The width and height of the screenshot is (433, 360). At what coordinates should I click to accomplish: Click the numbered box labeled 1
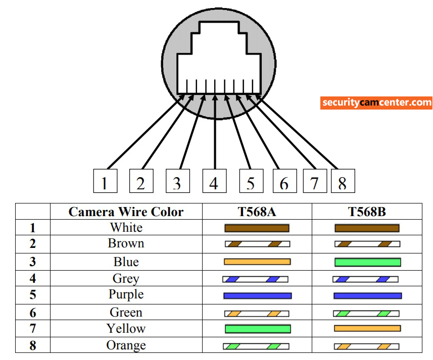coord(105,181)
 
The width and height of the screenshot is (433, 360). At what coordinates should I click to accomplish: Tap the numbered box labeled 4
coord(214,181)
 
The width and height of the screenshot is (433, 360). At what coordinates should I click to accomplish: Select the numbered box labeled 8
coord(343,181)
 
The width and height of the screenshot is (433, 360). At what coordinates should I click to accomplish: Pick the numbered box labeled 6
coord(284,181)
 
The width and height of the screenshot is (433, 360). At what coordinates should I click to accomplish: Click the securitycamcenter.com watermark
coord(376,102)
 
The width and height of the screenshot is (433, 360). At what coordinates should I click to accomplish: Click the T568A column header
coord(257,212)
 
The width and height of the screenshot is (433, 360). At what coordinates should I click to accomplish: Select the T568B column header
coord(367,212)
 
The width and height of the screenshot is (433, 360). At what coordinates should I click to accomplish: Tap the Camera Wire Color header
coord(126,212)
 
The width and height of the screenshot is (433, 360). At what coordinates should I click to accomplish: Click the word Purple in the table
coord(126,294)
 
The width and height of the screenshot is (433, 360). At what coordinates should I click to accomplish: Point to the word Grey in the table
coord(126,278)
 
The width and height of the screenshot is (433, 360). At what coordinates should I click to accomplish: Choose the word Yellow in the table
coord(126,329)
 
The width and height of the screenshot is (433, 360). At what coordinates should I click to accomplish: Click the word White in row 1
coord(126,228)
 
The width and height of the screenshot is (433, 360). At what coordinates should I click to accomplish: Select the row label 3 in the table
coord(33,262)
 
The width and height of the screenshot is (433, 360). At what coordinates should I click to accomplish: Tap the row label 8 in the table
coord(33,346)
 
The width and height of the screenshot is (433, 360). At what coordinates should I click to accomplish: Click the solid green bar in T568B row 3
coord(367,262)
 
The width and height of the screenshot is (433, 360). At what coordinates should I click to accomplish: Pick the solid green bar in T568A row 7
coord(257,329)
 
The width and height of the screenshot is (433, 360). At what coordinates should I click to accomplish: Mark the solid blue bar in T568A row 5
coord(257,295)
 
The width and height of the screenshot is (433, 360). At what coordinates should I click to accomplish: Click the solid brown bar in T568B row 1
coord(367,228)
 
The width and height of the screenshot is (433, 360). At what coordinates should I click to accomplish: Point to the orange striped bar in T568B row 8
coord(366,347)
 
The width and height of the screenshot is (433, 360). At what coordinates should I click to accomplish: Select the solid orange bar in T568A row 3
coord(257,262)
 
